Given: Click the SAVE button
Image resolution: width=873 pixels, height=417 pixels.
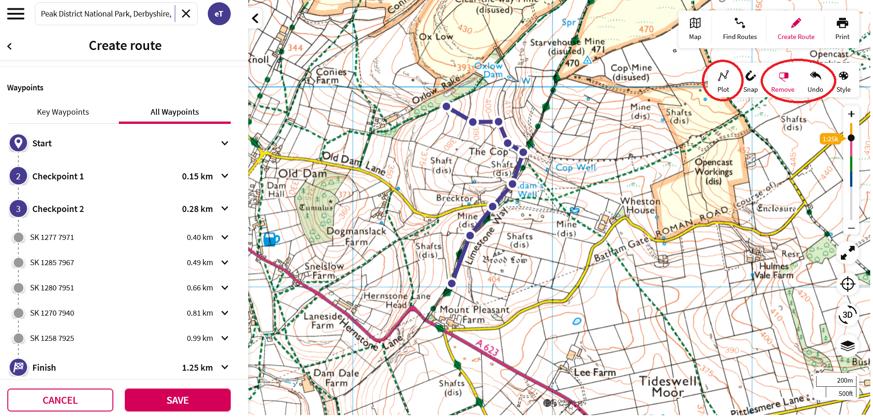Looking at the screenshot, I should pos(178,400).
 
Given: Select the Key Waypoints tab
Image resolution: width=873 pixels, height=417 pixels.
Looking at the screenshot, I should pos(63,112).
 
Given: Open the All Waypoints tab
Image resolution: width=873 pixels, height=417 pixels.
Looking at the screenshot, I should pos(174,112).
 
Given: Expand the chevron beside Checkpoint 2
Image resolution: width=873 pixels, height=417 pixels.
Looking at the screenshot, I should pos(225,209).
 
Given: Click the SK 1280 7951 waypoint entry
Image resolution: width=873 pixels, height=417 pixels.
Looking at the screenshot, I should pos(52,288).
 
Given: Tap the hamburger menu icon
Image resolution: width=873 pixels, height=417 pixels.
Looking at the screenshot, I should pos(16,14).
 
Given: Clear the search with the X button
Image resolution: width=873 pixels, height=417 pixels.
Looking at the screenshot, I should pos(186,14).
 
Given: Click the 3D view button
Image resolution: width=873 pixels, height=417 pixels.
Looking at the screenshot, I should pos(847,315).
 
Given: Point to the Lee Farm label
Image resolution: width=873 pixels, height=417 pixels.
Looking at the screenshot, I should pos(595,373).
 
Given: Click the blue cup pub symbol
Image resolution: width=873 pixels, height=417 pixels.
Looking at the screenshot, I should pos(271,239).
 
